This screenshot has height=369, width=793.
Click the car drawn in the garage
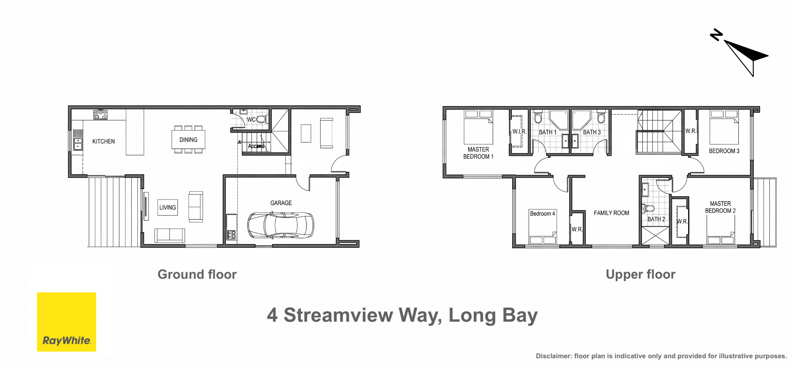pyautogui.click(x=281, y=225)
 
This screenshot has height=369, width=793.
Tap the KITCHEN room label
pyautogui.click(x=103, y=142)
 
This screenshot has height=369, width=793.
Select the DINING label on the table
pyautogui.click(x=188, y=140)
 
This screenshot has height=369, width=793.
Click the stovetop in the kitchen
pyautogui.click(x=100, y=114)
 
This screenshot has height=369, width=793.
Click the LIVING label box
pyautogui.click(x=168, y=207)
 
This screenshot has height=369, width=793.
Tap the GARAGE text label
pyautogui.click(x=281, y=203)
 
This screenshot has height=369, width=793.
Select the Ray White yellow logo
pyautogui.click(x=67, y=322)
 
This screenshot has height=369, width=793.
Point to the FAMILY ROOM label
pyautogui.click(x=611, y=213)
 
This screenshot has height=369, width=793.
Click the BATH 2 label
pyautogui.click(x=656, y=219)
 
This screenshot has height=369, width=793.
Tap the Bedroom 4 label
pyautogui.click(x=542, y=214)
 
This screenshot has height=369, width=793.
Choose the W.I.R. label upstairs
pyautogui.click(x=519, y=132)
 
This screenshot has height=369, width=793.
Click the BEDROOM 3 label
pyautogui.click(x=724, y=151)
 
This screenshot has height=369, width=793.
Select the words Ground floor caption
pyautogui.click(x=197, y=274)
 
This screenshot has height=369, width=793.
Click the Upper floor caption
pyautogui.click(x=640, y=274)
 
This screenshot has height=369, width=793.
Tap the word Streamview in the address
pyautogui.click(x=338, y=315)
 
